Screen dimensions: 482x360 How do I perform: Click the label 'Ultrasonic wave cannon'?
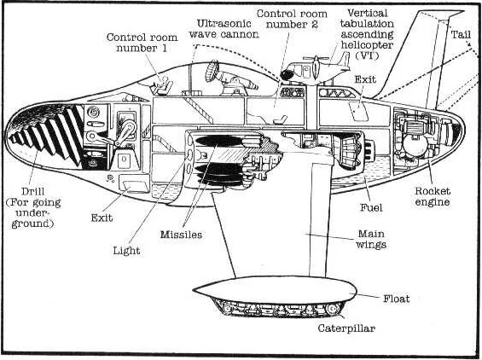tap(224, 29)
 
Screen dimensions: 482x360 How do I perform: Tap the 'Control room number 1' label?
tap(142, 43)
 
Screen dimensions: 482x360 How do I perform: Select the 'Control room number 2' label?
tap(292, 19)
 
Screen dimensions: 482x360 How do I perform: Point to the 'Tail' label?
tap(461, 34)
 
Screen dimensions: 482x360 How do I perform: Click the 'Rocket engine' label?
tap(433, 196)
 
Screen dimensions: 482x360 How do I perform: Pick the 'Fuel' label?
tap(371, 207)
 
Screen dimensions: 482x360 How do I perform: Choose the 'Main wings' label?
tap(371, 239)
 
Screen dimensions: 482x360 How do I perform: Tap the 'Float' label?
tap(396, 299)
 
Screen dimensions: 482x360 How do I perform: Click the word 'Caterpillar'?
tap(346, 328)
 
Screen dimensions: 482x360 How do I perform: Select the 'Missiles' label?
tap(181, 235)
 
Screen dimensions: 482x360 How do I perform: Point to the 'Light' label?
tap(126, 251)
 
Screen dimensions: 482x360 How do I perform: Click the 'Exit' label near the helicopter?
tap(365, 79)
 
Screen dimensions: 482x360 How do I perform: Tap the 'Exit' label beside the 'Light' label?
tap(102, 218)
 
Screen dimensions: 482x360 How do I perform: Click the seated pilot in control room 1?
tap(161, 85)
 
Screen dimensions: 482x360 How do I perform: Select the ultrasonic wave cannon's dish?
tap(212, 71)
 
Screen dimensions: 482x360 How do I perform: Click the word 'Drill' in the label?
tap(33, 191)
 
